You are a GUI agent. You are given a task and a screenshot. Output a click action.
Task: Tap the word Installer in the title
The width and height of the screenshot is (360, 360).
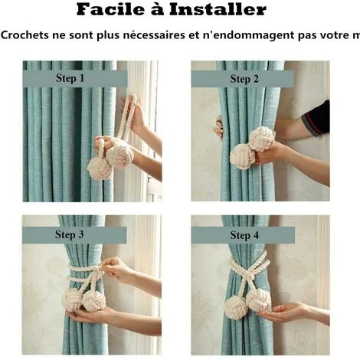[x=225, y=10]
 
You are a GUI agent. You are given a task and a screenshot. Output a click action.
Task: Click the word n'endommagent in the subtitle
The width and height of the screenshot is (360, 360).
[x=257, y=36]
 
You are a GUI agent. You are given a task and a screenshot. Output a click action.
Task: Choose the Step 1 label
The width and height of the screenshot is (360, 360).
[x=70, y=78]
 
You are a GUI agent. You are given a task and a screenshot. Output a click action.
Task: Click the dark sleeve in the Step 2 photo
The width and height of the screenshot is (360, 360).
[x=316, y=119]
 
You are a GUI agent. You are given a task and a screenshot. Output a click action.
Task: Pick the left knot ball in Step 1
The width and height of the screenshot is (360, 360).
[x=100, y=168]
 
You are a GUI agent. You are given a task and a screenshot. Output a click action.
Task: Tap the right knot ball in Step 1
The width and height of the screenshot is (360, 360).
[x=119, y=155]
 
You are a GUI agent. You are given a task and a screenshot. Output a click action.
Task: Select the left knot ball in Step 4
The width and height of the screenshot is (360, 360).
[x=236, y=307]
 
